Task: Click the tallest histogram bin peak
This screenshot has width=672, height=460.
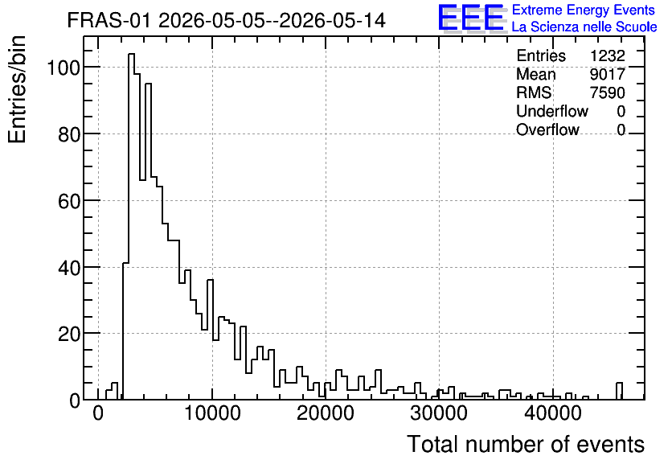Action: tap(131, 54)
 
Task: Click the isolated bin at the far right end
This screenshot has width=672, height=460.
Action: tap(619, 384)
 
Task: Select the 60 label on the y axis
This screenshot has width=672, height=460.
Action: tap(69, 200)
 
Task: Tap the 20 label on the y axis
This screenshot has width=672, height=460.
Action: tap(69, 334)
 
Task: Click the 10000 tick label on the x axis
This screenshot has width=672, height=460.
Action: tap(212, 413)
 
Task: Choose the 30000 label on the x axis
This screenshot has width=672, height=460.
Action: tap(439, 413)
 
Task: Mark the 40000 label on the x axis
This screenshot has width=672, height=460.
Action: tap(553, 413)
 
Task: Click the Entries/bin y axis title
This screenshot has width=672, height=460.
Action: tap(17, 89)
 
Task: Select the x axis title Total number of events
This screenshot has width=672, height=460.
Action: tap(526, 444)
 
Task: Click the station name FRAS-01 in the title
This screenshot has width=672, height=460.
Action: tap(109, 20)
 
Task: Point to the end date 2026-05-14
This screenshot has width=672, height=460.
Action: tap(333, 20)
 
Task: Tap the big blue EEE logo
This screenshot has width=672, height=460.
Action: tap(471, 18)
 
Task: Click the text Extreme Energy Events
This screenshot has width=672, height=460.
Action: tap(584, 10)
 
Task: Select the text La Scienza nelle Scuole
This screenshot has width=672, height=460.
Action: tap(584, 27)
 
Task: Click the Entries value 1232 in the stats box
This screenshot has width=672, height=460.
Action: tap(607, 55)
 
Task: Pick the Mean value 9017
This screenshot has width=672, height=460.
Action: tap(607, 74)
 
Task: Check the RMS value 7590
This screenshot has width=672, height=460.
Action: tap(607, 92)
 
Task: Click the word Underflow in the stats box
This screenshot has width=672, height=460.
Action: tap(552, 111)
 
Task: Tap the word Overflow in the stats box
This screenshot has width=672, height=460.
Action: tap(547, 129)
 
